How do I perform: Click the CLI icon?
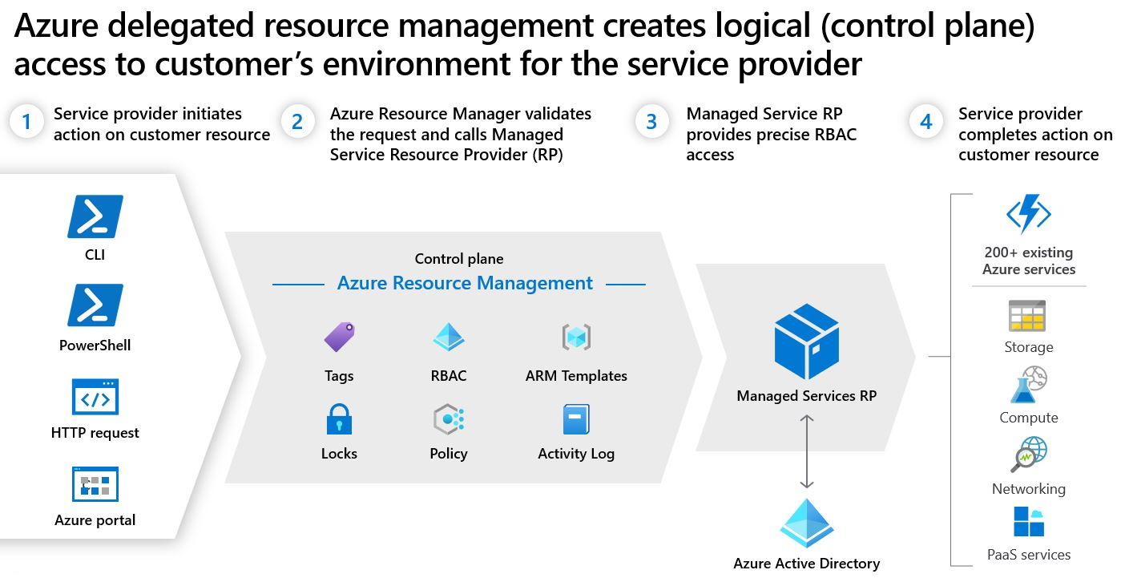point(95,216)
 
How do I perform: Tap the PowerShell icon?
point(95,305)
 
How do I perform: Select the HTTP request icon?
point(95,397)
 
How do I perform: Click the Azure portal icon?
point(95,484)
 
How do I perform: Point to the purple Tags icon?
point(340,337)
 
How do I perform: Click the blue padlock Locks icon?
point(339,418)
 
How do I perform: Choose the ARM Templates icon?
point(576,337)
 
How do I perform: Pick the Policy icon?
point(449,418)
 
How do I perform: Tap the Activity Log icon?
point(576,419)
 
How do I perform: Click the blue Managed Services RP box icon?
point(807,342)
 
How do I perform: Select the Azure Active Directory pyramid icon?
point(807,523)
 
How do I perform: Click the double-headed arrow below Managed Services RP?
point(807,451)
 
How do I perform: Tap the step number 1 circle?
point(26,122)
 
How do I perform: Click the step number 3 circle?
point(651,122)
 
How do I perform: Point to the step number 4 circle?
point(925,122)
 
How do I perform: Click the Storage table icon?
point(1027,316)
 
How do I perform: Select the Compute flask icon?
point(1028,385)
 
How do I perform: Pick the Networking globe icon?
point(1029,454)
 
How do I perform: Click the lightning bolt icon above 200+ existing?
point(1029,213)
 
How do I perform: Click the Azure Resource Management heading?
point(465,283)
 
